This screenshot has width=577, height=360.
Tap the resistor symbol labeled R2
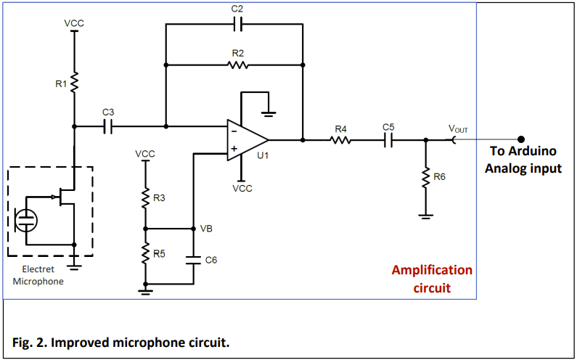tap(237, 65)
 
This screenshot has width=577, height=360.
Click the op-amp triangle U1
tap(247, 139)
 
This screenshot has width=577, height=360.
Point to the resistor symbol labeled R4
tap(340, 139)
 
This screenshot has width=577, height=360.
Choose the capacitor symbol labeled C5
tap(388, 139)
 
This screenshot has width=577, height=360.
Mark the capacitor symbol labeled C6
tap(192, 259)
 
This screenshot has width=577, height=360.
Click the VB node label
tap(207, 228)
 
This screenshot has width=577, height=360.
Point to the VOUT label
tap(459, 130)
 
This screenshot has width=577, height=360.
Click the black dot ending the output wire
tap(520, 139)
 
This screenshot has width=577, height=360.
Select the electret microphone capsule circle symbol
tap(28, 219)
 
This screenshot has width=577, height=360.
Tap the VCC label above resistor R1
tap(74, 23)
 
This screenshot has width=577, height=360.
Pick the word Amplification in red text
tap(432, 270)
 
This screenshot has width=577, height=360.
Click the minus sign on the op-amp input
tap(234, 131)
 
